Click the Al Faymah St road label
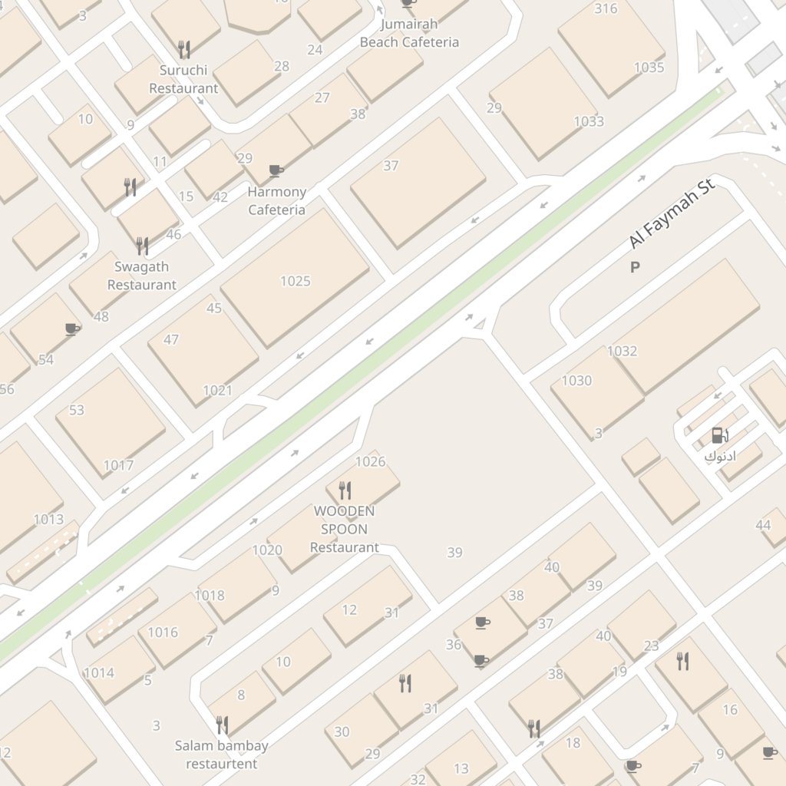coord(672,214)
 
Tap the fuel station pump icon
coord(718,436)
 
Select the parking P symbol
coord(635,267)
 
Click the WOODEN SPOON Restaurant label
coord(345,529)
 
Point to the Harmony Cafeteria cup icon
coord(276,170)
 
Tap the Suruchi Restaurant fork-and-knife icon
coord(183,50)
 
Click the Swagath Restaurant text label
coord(142,276)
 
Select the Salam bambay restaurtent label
coord(222,755)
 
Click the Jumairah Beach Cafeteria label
coord(409,33)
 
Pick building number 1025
coord(295,281)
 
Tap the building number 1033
coord(589,121)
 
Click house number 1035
coord(649,68)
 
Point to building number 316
coord(606,9)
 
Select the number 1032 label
coord(623,352)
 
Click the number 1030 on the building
coord(576,381)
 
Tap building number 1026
coord(370,462)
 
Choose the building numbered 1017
coord(118,465)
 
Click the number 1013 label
coord(48,520)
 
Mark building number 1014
coord(99,673)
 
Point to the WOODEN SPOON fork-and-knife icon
coord(345,489)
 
